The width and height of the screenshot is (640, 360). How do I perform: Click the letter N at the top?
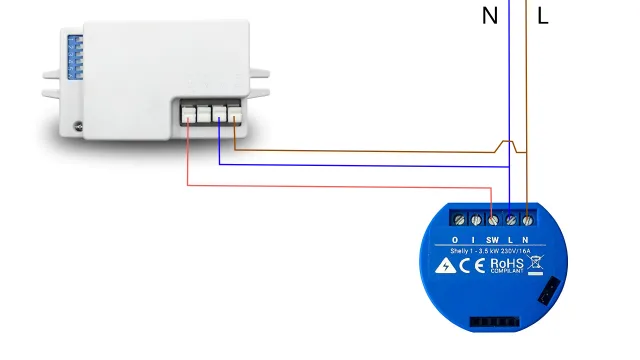490,16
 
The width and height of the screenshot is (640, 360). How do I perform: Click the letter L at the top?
543,16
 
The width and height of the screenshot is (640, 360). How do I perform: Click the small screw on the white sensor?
78,127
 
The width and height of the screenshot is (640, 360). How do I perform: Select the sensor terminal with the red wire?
187,113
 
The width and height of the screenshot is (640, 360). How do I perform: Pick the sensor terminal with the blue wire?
218,113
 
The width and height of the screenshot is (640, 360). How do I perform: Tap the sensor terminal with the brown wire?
234,113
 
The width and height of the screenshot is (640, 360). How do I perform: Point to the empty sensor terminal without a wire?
202,113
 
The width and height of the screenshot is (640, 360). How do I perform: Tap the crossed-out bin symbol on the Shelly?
536,265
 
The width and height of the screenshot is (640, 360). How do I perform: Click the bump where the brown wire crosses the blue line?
510,146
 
